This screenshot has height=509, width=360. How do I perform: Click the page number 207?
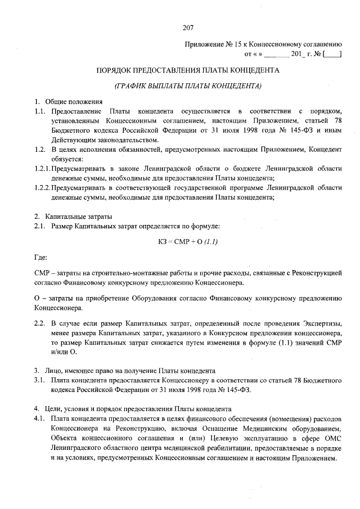pyautogui.click(x=188, y=28)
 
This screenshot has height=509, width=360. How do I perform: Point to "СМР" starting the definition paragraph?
pyautogui.click(x=41, y=273)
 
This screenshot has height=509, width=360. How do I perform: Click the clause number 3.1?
pyautogui.click(x=39, y=381)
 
